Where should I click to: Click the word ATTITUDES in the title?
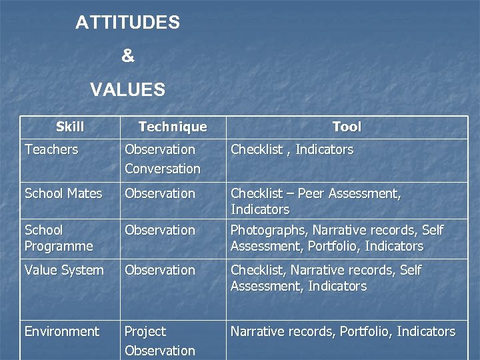[x=127, y=23]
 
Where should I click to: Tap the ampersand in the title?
[x=127, y=57]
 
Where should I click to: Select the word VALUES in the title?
[x=127, y=89]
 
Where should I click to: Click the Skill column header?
[x=70, y=127]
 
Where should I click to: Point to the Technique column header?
[x=173, y=127]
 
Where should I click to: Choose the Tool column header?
[x=347, y=127]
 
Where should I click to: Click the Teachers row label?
[x=51, y=149]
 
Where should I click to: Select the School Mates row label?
[x=63, y=193]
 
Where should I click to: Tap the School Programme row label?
[x=59, y=238]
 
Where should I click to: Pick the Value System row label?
[x=64, y=270]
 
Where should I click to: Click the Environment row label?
[x=62, y=331]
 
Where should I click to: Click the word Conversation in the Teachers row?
[x=163, y=169]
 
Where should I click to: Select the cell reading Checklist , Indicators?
[x=292, y=149]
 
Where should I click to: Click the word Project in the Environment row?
[x=145, y=331]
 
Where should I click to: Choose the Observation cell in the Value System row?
[x=160, y=270]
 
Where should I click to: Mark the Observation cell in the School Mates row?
[x=160, y=193]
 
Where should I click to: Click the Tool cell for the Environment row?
[x=343, y=331]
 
